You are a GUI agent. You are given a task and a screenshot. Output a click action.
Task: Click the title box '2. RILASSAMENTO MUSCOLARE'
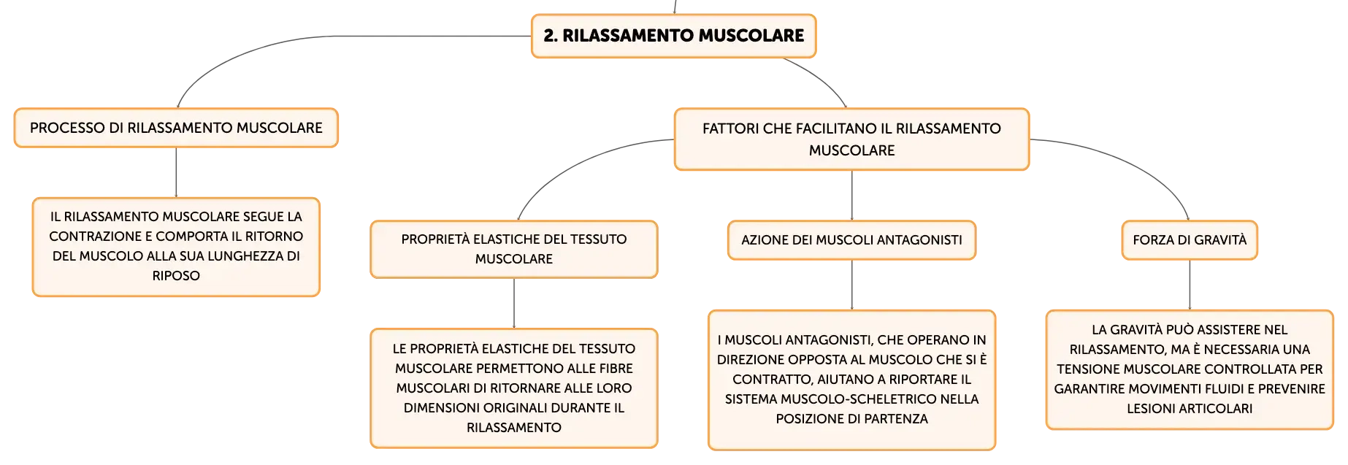pos(673,36)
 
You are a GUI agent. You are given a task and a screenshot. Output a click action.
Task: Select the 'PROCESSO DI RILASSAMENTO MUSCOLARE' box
pos(176,128)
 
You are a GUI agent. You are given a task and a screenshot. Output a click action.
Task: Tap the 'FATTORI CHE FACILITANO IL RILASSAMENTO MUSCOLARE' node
pos(851,139)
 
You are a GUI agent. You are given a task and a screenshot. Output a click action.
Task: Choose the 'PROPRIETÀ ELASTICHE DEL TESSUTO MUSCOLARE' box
pos(514,249)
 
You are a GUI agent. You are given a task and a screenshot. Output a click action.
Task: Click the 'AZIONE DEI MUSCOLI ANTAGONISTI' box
pos(851,240)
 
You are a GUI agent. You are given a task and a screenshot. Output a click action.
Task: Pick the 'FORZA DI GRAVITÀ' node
pos(1190,240)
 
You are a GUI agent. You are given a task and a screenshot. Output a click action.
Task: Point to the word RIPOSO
pos(176,276)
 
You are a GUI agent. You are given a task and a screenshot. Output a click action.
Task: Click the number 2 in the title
pos(548,36)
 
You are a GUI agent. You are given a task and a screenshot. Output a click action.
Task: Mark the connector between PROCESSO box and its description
pos(176,172)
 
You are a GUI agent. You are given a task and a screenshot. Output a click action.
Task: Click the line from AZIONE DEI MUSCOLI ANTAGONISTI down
pos(851,285)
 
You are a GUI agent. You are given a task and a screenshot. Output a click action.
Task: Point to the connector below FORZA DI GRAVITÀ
pos(1190,285)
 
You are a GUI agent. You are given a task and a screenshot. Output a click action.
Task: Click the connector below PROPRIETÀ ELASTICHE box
pos(514,304)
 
